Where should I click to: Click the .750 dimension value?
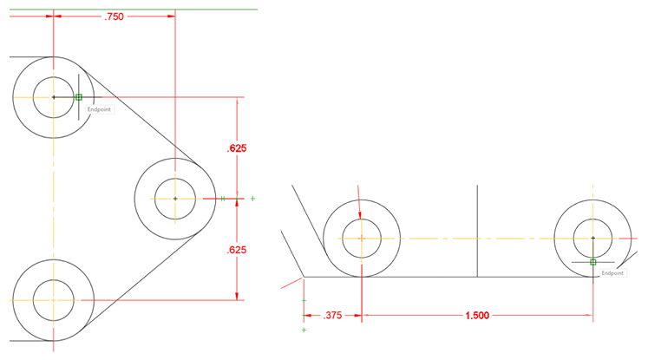pyautogui.click(x=114, y=16)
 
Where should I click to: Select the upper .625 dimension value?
pyautogui.click(x=237, y=148)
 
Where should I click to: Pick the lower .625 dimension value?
pyautogui.click(x=237, y=250)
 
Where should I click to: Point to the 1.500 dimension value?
pyautogui.click(x=475, y=316)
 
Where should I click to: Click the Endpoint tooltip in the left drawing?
pyautogui.click(x=100, y=110)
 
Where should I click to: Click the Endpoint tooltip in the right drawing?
pyautogui.click(x=612, y=272)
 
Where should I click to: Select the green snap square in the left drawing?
pyautogui.click(x=79, y=97)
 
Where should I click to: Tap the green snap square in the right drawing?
pyautogui.click(x=593, y=261)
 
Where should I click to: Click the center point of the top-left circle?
pyautogui.click(x=54, y=97)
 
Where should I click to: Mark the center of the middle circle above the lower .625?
pyautogui.click(x=175, y=199)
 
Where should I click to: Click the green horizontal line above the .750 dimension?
pyautogui.click(x=217, y=10)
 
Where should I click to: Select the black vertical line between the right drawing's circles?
pyautogui.click(x=479, y=230)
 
